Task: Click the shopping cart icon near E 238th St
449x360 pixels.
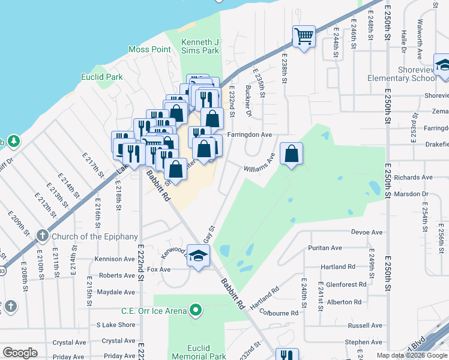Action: point(304,36)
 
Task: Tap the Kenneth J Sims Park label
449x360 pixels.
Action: point(200,47)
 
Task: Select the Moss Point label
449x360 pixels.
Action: point(149,49)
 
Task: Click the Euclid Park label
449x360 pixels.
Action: point(102,77)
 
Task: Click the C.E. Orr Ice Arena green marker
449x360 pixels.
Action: point(194,310)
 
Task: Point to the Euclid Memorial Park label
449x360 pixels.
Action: point(198,352)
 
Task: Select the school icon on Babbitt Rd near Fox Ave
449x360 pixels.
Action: point(197,256)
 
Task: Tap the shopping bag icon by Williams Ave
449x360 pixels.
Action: point(291,154)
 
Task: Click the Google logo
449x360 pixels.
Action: point(20,353)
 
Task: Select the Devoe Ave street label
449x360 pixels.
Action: point(367,232)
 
